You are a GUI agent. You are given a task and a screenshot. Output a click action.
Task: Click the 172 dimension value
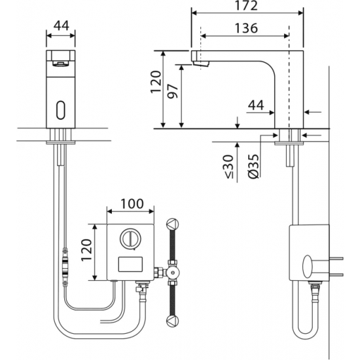coord(247,5)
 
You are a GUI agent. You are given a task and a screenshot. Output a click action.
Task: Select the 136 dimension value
coord(246,28)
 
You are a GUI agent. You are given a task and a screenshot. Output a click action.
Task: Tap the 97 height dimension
coord(172,91)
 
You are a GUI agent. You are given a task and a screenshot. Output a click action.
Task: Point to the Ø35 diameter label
coord(253,166)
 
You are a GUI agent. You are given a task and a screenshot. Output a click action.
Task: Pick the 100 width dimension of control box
coord(132,204)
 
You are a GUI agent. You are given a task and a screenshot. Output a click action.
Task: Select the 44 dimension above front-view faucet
coord(62,26)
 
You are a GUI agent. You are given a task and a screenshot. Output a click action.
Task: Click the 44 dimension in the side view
coord(256,105)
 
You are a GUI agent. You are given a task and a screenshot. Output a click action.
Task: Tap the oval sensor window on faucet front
coord(61,110)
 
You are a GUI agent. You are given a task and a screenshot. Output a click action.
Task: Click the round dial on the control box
coord(130,239)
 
